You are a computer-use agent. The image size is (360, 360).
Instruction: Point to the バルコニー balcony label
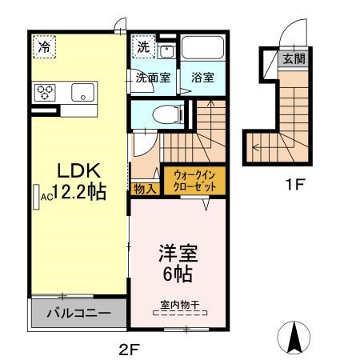click(78, 313)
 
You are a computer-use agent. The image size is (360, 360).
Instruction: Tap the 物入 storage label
click(145, 188)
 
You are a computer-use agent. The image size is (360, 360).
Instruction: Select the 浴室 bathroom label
click(202, 78)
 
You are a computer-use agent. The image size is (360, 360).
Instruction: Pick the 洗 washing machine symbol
click(142, 46)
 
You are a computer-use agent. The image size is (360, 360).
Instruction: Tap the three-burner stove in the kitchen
click(44, 91)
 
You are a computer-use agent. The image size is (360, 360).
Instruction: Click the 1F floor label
click(297, 186)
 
